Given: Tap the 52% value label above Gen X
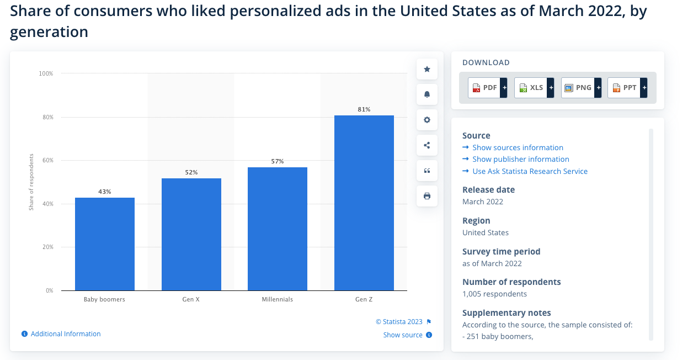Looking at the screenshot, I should coord(191,172).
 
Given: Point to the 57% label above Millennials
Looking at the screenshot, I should coord(278,161).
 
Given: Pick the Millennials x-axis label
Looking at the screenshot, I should coord(278,299).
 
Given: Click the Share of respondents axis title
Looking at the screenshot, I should coord(31,182).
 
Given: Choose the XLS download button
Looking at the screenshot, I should coord(534,88).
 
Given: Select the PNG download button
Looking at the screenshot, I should coord(580,88).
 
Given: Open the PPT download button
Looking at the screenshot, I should coord(627,88).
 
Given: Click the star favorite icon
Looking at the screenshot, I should coord(427,69).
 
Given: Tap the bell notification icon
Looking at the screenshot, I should coord(427,94).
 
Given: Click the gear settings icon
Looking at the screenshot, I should coord(427,120).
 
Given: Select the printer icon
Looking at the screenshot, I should coord(427,196).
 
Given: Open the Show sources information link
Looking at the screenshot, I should coord(518,147).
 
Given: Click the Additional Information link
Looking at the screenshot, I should coord(66,334).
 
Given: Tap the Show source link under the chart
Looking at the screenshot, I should coord(403,335).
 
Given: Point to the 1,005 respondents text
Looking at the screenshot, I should coord(494,294).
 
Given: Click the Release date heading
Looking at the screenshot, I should coord(488,189).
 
